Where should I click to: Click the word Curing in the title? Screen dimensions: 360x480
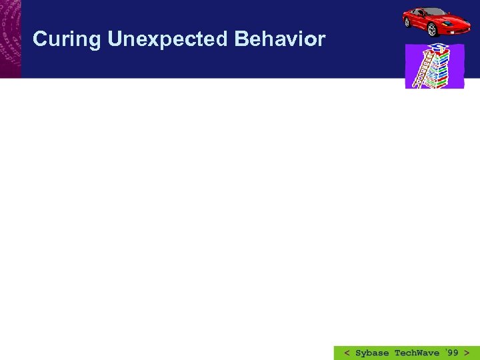(67, 40)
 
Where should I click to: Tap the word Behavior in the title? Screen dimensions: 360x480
(280, 39)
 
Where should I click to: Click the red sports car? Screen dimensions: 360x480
(433, 21)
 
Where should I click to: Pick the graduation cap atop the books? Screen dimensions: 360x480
(439, 47)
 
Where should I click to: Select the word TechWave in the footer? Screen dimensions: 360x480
(417, 353)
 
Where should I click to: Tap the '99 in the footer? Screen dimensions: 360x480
(451, 353)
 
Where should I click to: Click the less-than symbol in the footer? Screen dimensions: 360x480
(347, 353)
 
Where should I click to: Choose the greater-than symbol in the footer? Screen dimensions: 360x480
(467, 353)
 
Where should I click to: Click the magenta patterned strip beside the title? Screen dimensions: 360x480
(10, 39)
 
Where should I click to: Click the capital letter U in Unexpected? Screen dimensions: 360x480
(114, 39)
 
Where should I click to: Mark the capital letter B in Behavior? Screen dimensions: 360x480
(241, 39)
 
